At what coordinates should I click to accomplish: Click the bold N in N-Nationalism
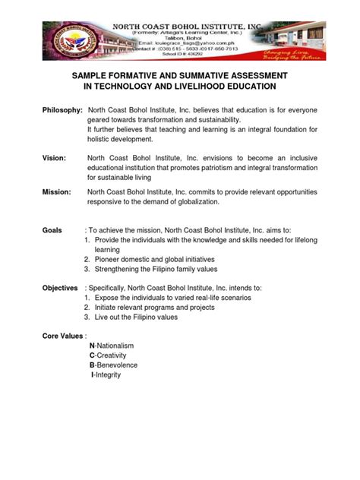coord(92,346)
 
